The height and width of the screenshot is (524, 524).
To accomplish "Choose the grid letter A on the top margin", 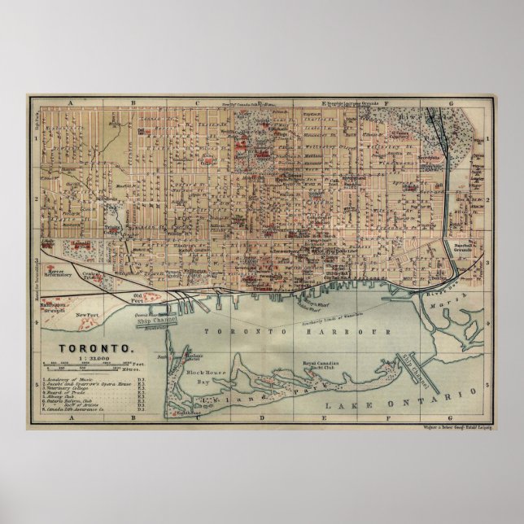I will pyautogui.click(x=71, y=103).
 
